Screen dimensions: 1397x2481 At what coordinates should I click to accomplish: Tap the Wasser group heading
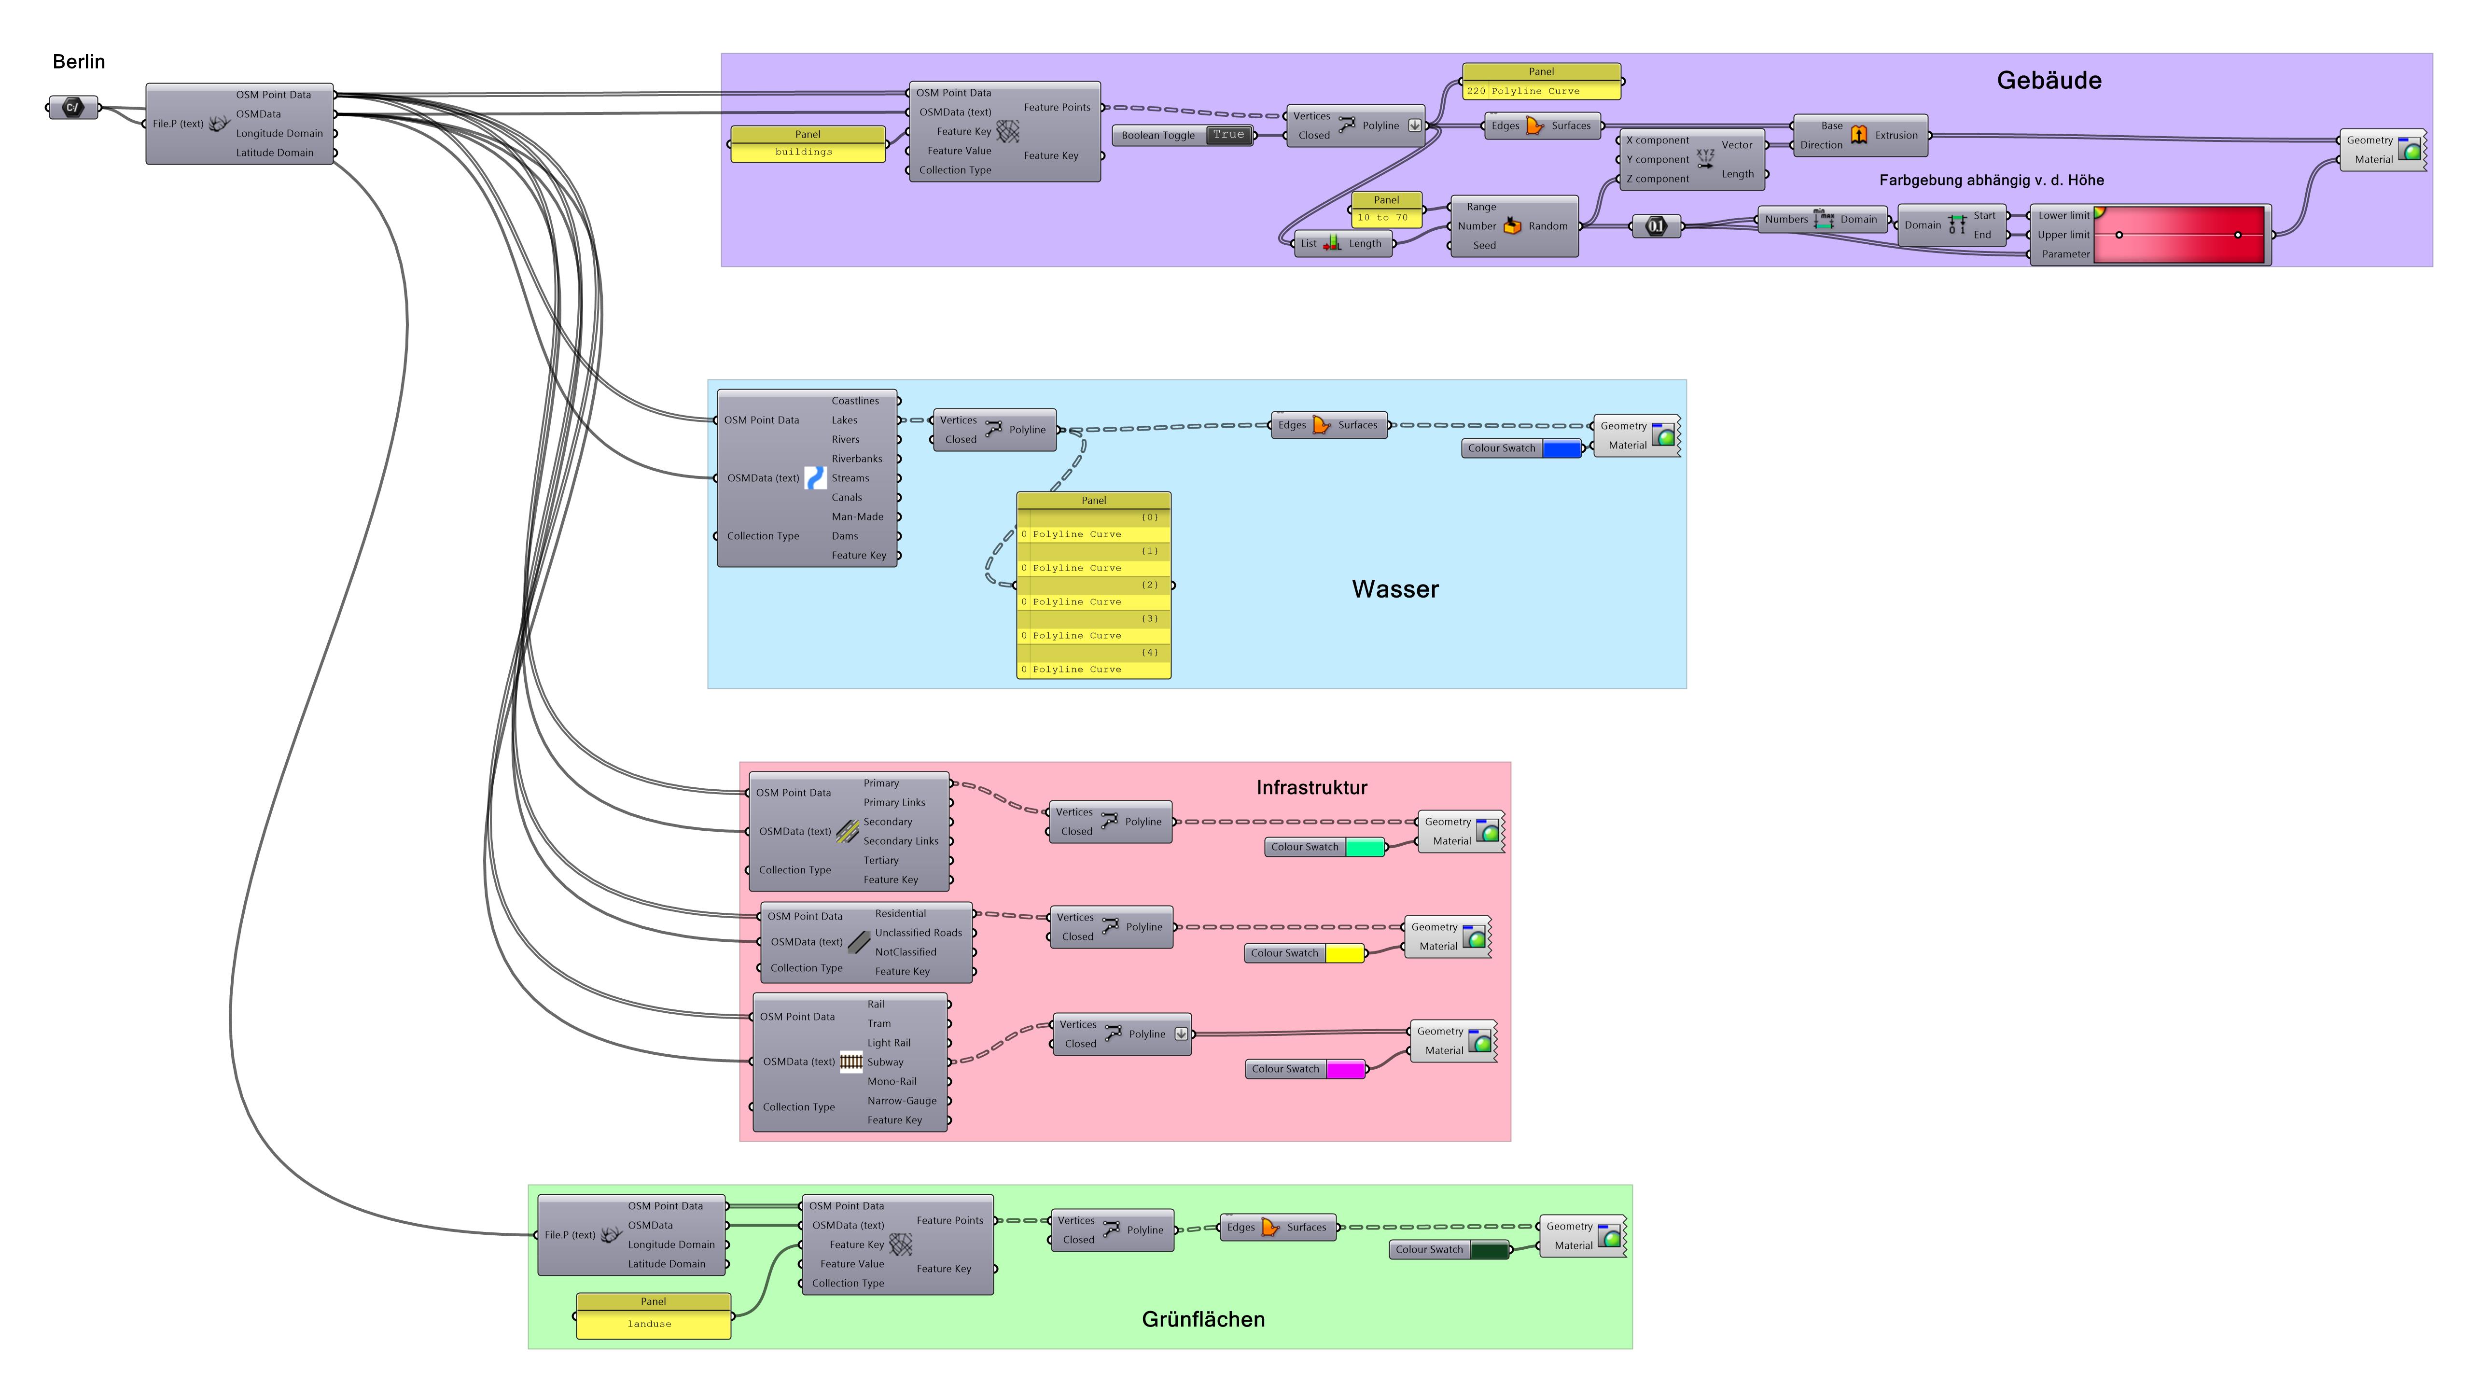tap(1394, 589)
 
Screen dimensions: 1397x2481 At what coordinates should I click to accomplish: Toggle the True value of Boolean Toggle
tap(1228, 135)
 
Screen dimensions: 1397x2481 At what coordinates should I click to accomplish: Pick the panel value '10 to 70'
tap(1382, 218)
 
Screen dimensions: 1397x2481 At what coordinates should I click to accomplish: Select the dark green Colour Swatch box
tap(1489, 1251)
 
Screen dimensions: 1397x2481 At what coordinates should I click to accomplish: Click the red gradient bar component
tap(2178, 235)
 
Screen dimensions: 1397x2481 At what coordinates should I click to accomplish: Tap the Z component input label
tap(1658, 179)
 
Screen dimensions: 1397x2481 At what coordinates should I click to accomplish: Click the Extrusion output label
tap(1896, 136)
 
